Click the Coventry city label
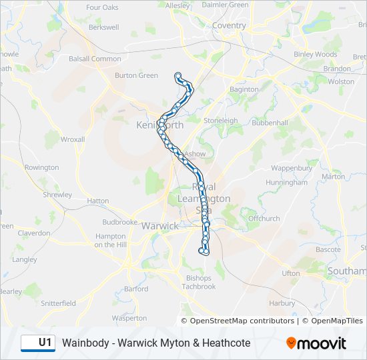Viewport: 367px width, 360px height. point(229,26)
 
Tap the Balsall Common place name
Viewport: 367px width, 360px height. point(97,59)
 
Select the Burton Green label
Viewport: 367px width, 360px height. point(136,75)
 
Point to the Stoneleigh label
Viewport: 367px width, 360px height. point(220,121)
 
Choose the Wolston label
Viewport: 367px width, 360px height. point(341,81)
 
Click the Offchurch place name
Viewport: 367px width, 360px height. point(264,218)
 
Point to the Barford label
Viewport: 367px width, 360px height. point(136,289)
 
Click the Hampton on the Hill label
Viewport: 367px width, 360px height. point(110,240)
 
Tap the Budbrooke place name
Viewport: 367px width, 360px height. point(119,222)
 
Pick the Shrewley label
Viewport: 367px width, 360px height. point(57,195)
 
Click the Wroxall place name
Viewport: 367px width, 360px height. point(73,139)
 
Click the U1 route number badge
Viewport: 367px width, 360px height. point(38,343)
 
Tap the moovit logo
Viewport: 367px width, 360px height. point(316,343)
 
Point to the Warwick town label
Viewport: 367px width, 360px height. point(159,226)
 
